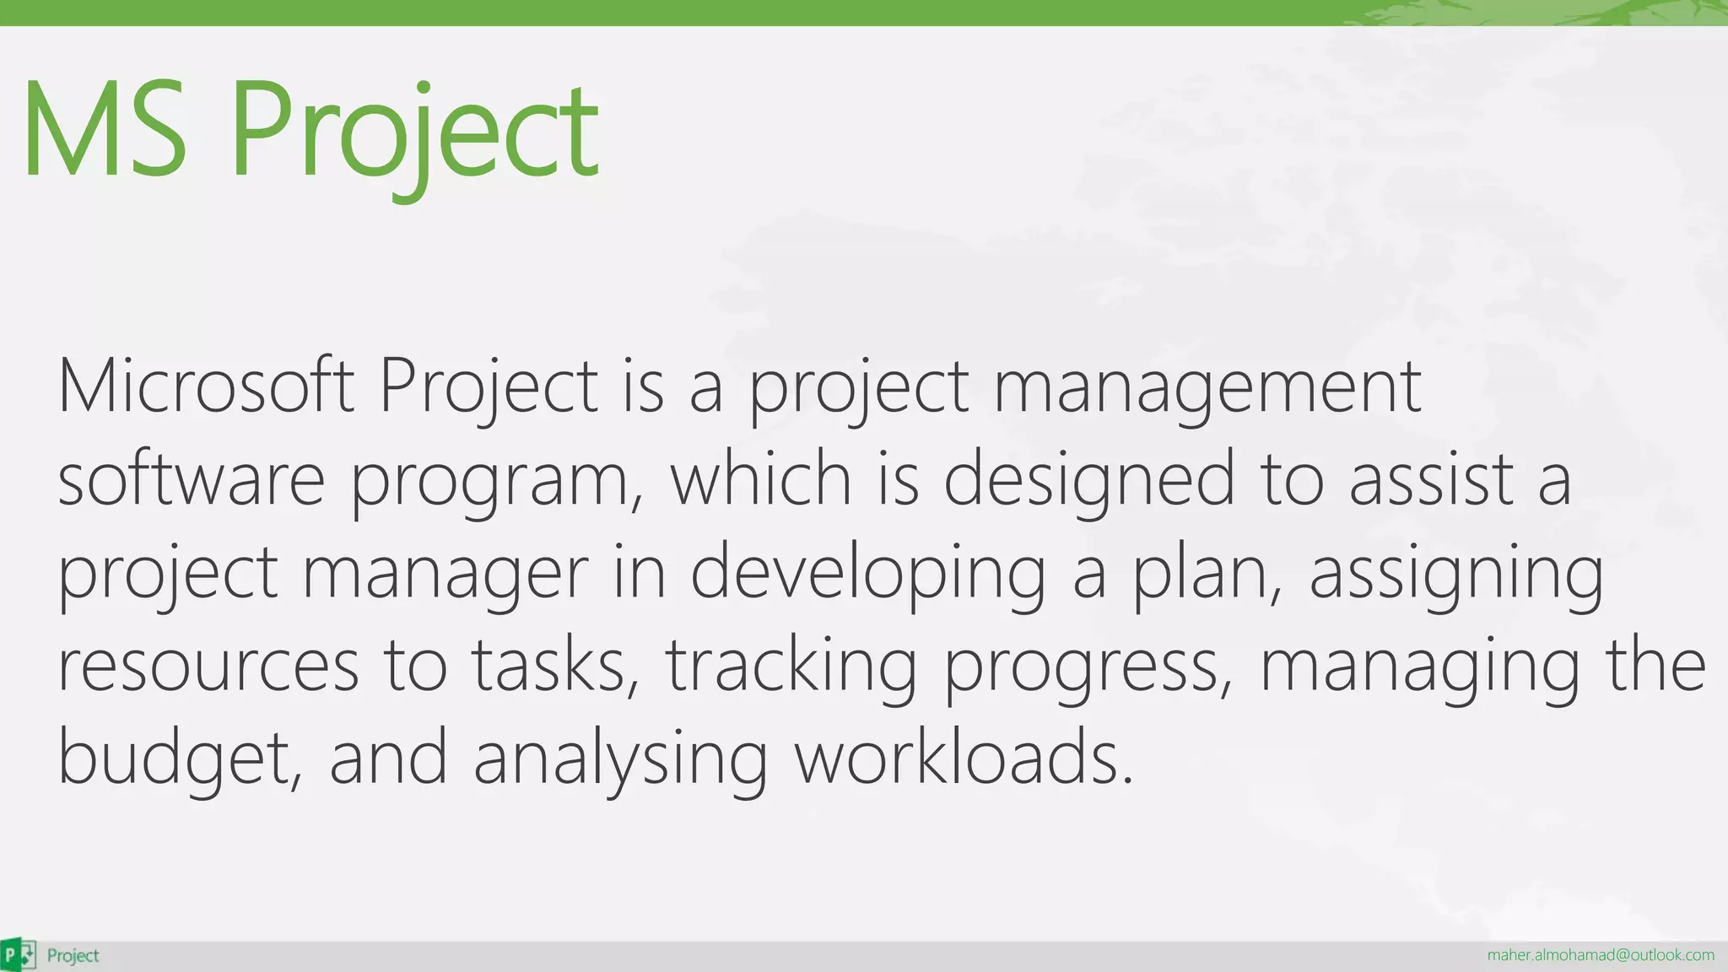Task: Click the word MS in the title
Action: coord(105,129)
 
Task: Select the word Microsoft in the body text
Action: coord(205,386)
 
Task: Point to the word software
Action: coord(191,479)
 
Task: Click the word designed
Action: coord(1089,479)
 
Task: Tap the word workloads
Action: coord(963,758)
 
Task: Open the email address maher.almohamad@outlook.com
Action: coord(1600,955)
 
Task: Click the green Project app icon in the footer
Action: coord(19,955)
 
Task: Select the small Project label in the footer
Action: coord(73,955)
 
